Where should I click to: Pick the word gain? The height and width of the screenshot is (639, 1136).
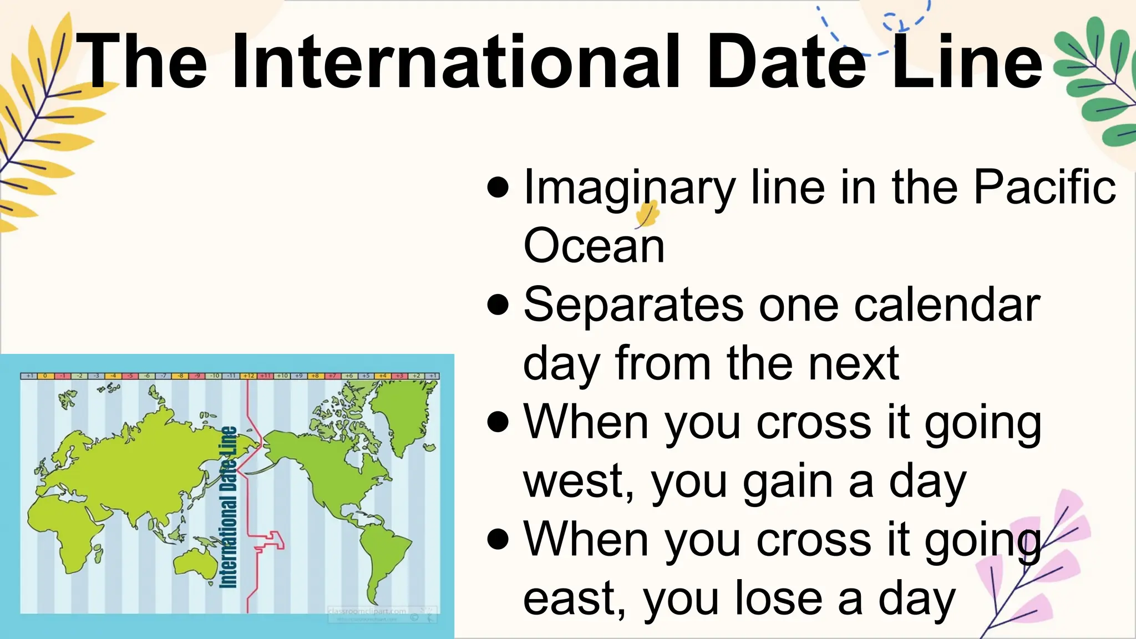click(788, 482)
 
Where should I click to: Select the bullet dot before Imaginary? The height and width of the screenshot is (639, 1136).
click(498, 187)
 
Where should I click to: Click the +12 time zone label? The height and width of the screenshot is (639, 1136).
click(248, 376)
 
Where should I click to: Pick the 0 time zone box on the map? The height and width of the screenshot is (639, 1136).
click(45, 376)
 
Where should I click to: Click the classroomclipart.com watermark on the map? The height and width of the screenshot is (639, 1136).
click(366, 611)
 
